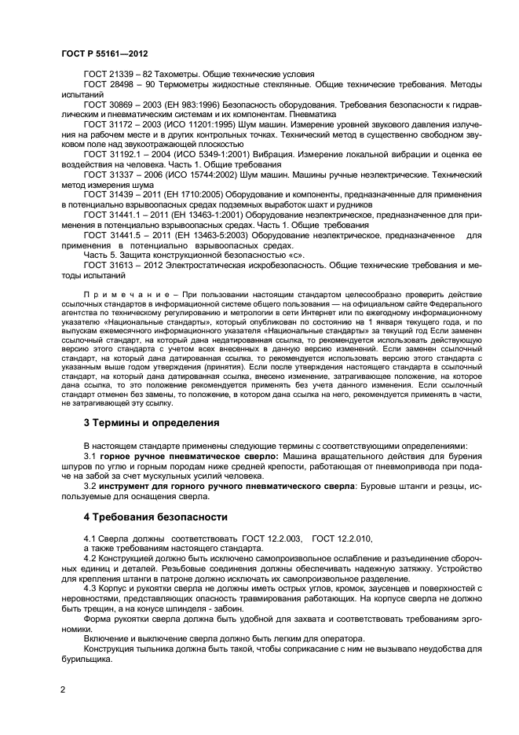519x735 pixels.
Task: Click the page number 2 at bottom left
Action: click(63, 689)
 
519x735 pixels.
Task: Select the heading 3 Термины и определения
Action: click(140, 422)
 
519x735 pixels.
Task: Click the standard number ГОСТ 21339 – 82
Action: click(117, 73)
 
